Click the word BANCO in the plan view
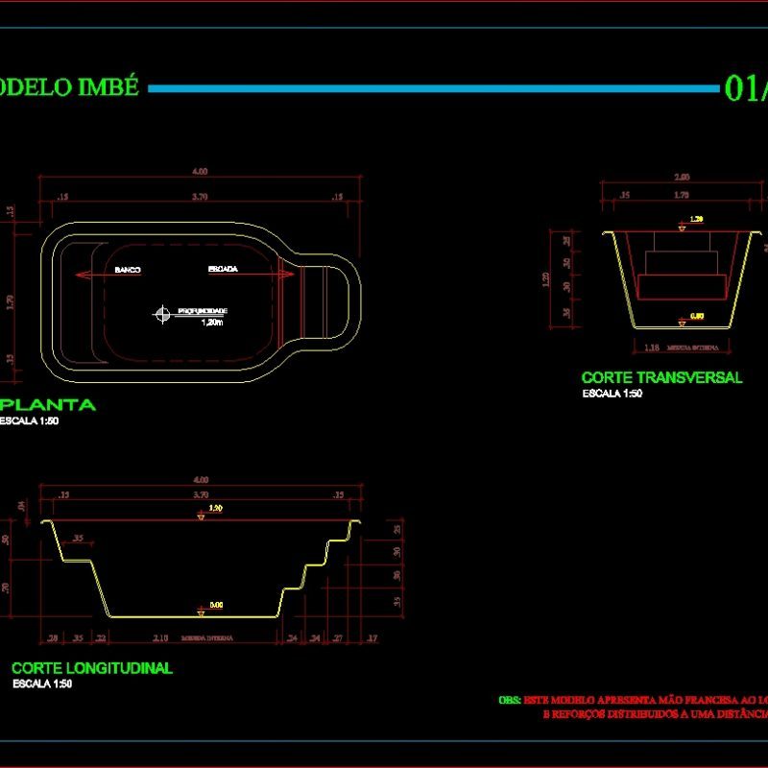pos(128,270)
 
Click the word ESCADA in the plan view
pos(223,269)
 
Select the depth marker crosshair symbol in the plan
pos(161,312)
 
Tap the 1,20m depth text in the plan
pos(212,324)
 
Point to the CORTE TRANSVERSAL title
pos(661,377)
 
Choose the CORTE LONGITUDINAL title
pos(92,668)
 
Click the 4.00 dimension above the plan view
pos(200,171)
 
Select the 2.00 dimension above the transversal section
pos(682,177)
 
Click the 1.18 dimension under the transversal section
pos(650,347)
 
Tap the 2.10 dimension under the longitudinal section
pos(161,636)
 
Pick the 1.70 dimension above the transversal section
pos(682,195)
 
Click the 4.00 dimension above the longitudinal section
pos(201,479)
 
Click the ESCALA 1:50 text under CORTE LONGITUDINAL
pos(42,684)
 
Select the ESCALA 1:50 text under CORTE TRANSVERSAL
pos(612,393)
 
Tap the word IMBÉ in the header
pos(114,87)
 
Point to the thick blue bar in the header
pos(432,88)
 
